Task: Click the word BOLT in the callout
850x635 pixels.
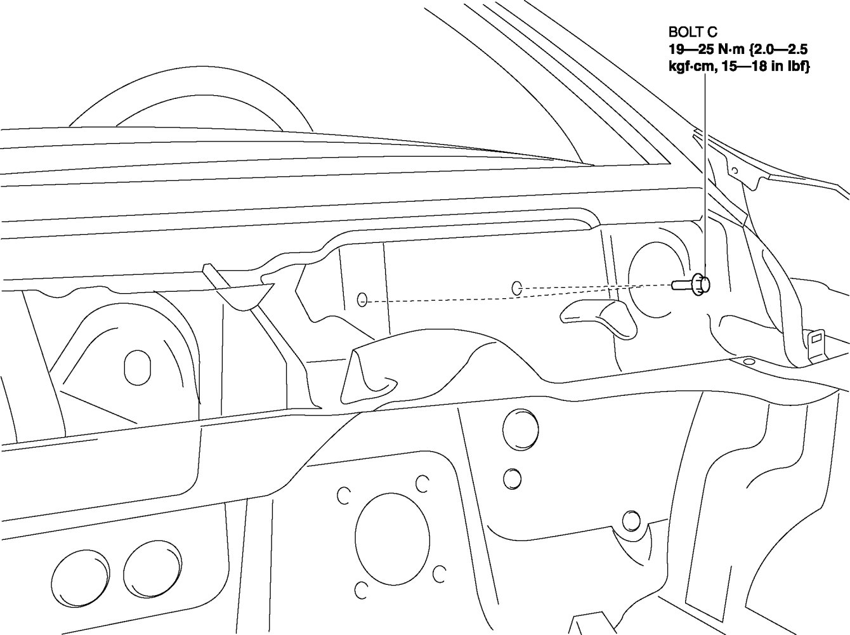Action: pos(683,32)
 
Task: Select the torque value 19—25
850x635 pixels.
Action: pos(691,49)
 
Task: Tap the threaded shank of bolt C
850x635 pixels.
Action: pos(682,285)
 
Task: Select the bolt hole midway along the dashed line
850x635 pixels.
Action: pos(516,289)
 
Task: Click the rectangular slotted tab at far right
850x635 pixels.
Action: pos(816,346)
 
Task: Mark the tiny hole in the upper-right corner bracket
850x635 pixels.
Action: pos(735,170)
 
